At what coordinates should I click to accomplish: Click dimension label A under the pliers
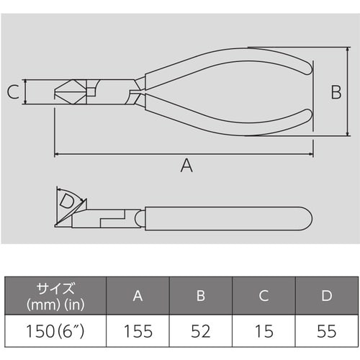186,166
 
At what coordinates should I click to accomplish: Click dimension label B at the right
336,91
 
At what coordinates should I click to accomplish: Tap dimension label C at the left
12,91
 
